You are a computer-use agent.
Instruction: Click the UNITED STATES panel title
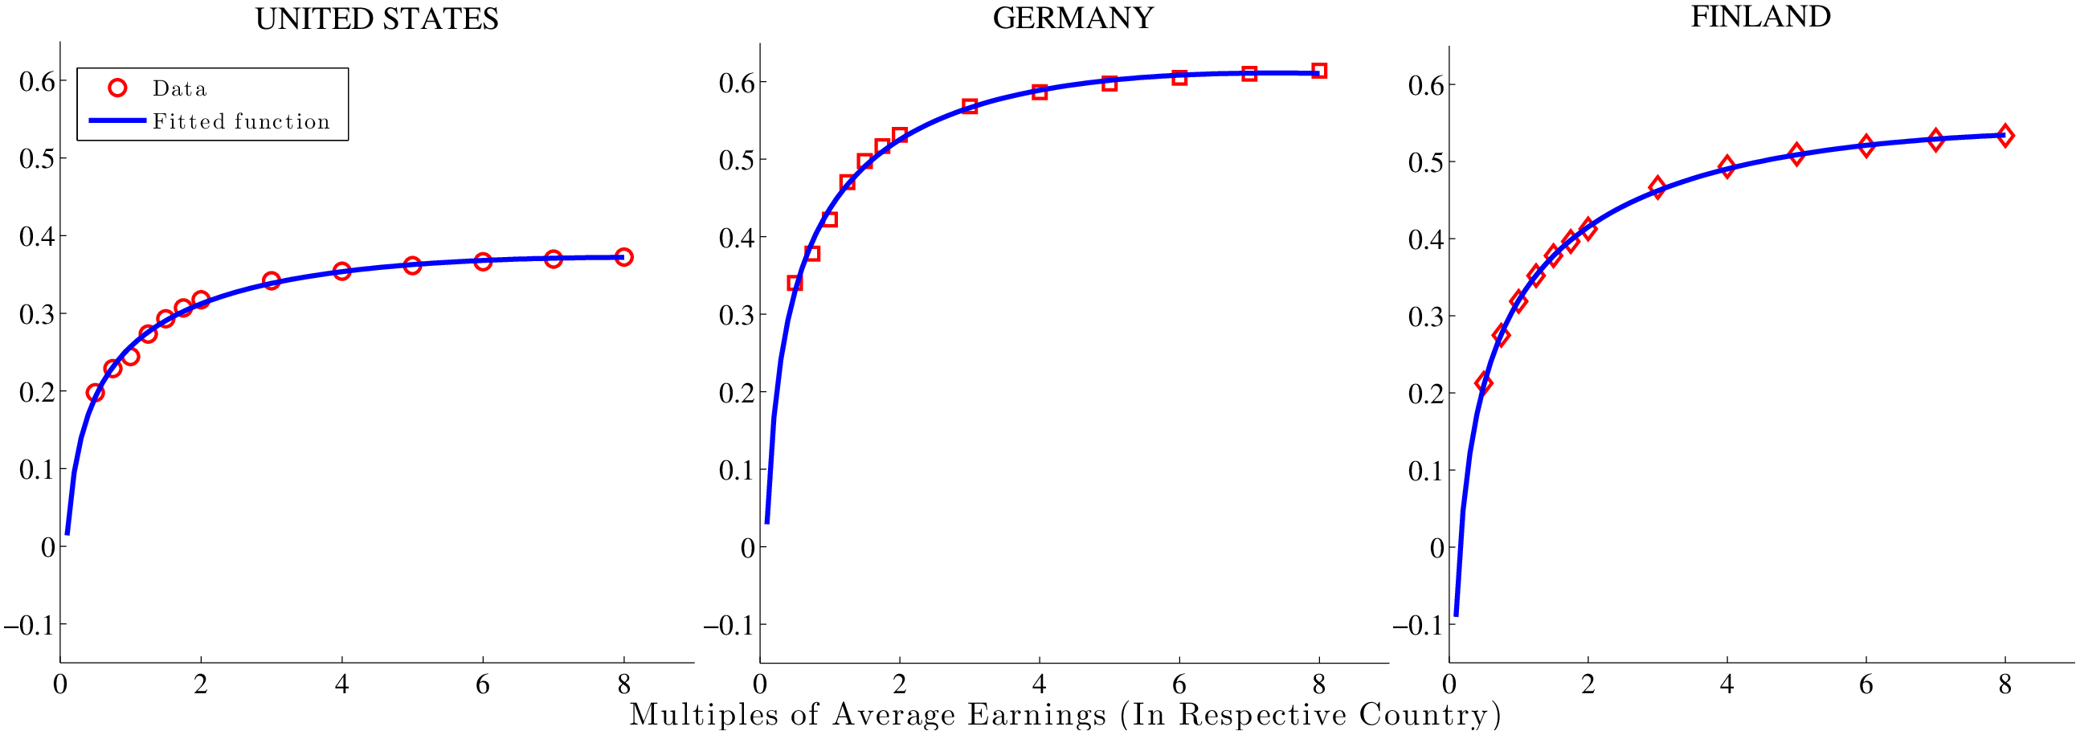pyautogui.click(x=376, y=18)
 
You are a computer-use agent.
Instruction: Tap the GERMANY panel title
pyautogui.click(x=1073, y=18)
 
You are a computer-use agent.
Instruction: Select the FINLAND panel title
pyautogui.click(x=1760, y=17)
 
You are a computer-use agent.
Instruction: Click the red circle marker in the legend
pyautogui.click(x=118, y=88)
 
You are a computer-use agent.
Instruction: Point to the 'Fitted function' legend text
pyautogui.click(x=242, y=121)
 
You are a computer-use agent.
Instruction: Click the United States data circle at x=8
pyautogui.click(x=623, y=257)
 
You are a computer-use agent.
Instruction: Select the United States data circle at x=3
pyautogui.click(x=272, y=280)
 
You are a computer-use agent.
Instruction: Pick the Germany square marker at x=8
pyautogui.click(x=1319, y=70)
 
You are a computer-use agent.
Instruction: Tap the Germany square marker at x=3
pyautogui.click(x=970, y=107)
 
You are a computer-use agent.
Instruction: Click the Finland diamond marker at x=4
pyautogui.click(x=1727, y=167)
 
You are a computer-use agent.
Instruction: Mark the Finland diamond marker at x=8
pyautogui.click(x=2005, y=136)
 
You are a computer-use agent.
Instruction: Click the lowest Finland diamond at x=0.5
pyautogui.click(x=1483, y=382)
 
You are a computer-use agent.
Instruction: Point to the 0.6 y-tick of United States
pyautogui.click(x=37, y=81)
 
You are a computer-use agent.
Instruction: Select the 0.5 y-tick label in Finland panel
pyautogui.click(x=1425, y=162)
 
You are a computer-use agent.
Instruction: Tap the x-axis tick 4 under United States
pyautogui.click(x=341, y=685)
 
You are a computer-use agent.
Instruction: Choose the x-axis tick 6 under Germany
pyautogui.click(x=1179, y=685)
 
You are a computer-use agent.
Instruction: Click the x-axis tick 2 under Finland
pyautogui.click(x=1588, y=685)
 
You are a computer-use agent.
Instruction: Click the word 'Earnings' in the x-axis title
pyautogui.click(x=1036, y=715)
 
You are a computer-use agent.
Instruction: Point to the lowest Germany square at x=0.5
pyautogui.click(x=795, y=283)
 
